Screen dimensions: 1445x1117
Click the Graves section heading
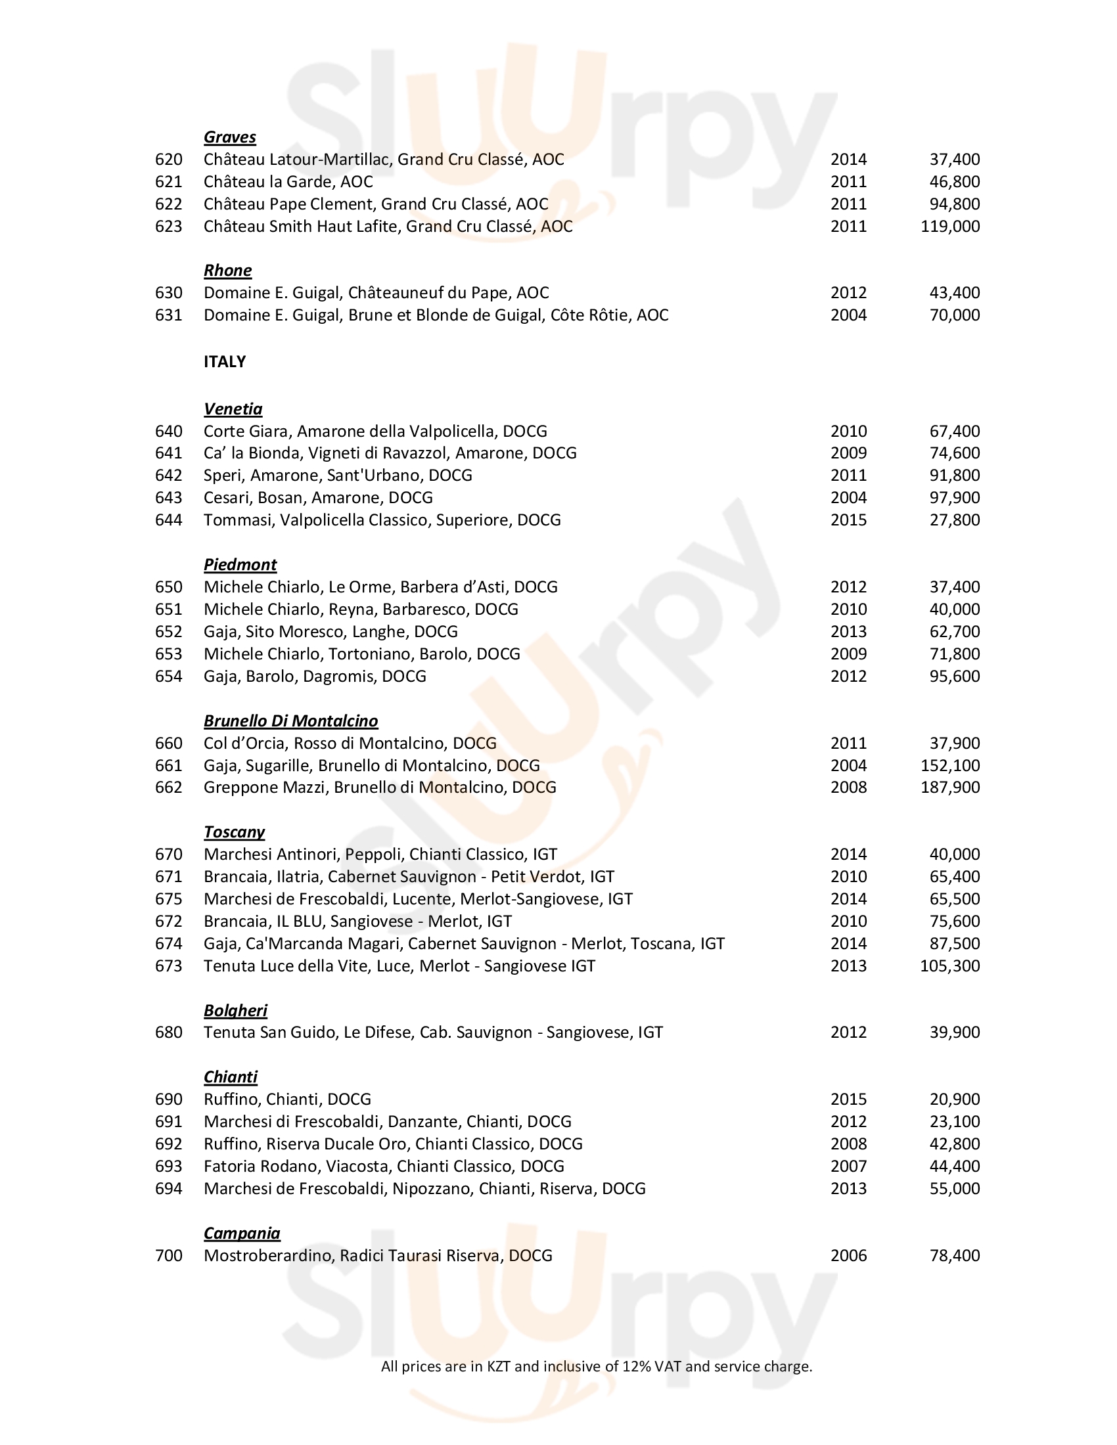click(229, 137)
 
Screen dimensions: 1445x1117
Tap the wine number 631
click(168, 315)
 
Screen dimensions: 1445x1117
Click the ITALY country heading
click(224, 361)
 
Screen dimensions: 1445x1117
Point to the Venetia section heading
click(233, 409)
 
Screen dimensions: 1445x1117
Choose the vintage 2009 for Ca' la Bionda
click(848, 453)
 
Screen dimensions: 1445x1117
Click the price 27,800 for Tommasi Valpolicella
click(954, 520)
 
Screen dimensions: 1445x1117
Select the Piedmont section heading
click(240, 564)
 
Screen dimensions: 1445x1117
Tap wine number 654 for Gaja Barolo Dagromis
click(168, 676)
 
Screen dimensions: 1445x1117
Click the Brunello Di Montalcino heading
click(290, 721)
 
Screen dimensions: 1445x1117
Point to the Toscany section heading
click(235, 832)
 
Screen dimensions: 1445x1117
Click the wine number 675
click(168, 899)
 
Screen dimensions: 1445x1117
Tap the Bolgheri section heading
click(235, 1010)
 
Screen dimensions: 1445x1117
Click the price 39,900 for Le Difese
click(954, 1033)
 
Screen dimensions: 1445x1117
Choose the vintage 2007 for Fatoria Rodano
click(848, 1167)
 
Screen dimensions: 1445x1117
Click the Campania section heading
click(242, 1234)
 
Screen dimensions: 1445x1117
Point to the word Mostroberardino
click(269, 1256)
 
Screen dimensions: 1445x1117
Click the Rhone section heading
click(227, 271)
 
